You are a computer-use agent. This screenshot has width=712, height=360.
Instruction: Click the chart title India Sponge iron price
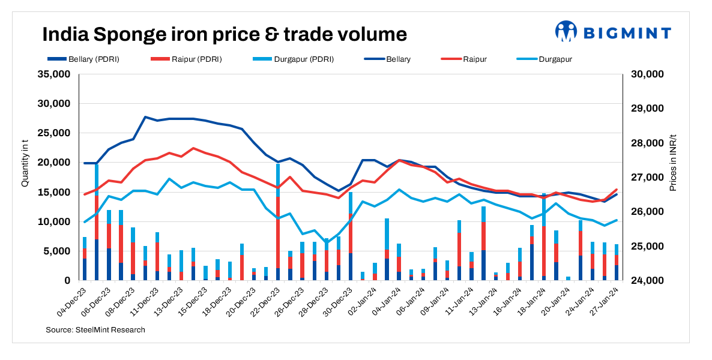pos(224,34)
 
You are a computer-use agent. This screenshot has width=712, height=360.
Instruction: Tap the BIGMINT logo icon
pos(566,31)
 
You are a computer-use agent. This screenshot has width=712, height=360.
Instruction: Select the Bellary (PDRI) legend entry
pos(88,59)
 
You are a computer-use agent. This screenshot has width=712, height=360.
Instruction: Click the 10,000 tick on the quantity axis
pos(54,222)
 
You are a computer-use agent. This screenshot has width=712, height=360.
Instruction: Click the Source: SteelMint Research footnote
pos(95,330)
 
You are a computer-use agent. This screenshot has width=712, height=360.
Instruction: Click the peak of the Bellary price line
pos(145,117)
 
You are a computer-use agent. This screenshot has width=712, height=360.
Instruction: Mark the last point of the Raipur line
pos(617,190)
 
